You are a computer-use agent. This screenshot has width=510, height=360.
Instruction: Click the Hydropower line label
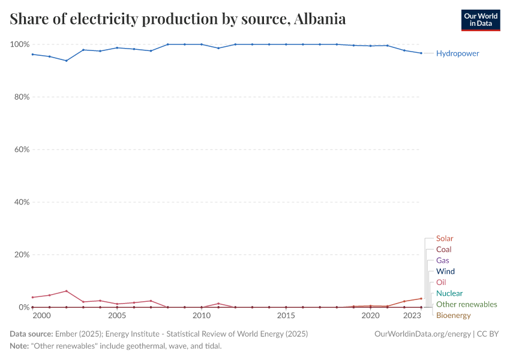tap(457, 53)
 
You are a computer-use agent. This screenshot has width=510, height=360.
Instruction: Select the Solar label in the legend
tap(445, 238)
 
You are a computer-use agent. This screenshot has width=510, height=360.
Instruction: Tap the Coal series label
tap(443, 249)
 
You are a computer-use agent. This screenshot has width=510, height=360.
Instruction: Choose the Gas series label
tap(442, 260)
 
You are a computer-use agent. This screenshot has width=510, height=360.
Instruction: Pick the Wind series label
tap(445, 271)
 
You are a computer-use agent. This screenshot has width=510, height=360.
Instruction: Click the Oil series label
tap(441, 282)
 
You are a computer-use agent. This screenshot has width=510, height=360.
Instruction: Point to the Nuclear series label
tap(449, 293)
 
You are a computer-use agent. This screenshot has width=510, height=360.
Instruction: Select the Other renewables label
tap(466, 304)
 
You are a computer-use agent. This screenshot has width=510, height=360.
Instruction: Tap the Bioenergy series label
tap(453, 315)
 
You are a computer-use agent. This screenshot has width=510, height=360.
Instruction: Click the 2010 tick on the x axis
tap(202, 316)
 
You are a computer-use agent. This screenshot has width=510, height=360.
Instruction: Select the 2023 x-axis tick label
tap(412, 316)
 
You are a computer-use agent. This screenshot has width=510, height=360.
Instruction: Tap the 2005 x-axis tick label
tap(117, 316)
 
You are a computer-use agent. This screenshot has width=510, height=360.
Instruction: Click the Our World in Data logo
tap(480, 20)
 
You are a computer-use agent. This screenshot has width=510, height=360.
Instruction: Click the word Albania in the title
tap(320, 19)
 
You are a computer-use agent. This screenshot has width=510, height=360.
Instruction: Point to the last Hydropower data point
tap(421, 53)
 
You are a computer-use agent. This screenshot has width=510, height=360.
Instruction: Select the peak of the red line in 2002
tap(67, 291)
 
